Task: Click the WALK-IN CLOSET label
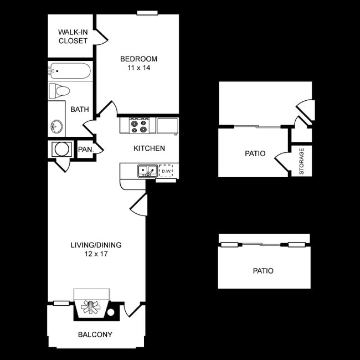pyautogui.click(x=73, y=36)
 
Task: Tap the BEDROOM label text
pyautogui.click(x=139, y=59)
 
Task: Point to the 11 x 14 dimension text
pyautogui.click(x=139, y=68)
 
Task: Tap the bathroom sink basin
pyautogui.click(x=56, y=124)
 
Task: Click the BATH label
pyautogui.click(x=80, y=109)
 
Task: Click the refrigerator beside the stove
pyautogui.click(x=167, y=126)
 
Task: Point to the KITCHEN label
pyautogui.click(x=149, y=148)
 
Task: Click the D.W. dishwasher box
pyautogui.click(x=166, y=171)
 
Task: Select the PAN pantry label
pyautogui.click(x=85, y=149)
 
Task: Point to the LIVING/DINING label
pyautogui.click(x=96, y=245)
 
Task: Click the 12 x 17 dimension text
pyautogui.click(x=96, y=254)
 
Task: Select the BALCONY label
pyautogui.click(x=95, y=335)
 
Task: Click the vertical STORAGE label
pyautogui.click(x=302, y=161)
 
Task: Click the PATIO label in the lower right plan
pyautogui.click(x=263, y=271)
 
